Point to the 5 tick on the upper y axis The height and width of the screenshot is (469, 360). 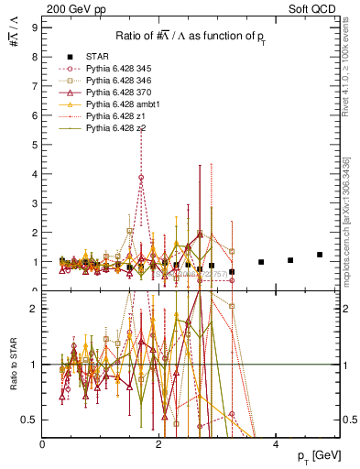coord(34,145)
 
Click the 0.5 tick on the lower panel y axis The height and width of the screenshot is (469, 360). coord(30,420)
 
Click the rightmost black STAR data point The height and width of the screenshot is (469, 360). coord(320,255)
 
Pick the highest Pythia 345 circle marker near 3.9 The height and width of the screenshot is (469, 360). coord(141,178)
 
